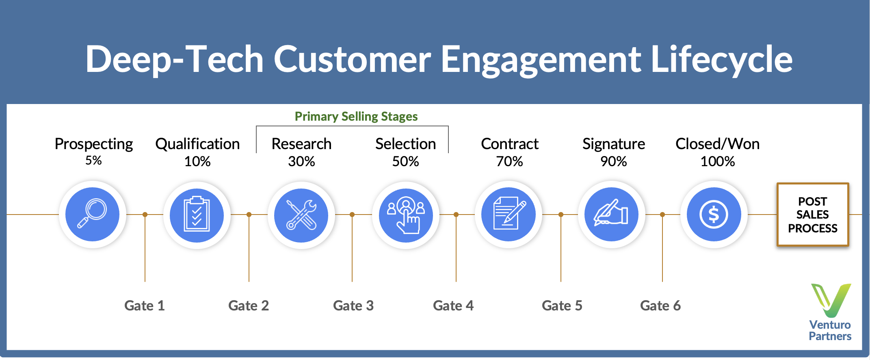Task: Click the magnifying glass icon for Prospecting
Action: point(92,214)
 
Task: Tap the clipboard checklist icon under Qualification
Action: point(197,215)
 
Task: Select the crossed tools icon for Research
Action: point(301,215)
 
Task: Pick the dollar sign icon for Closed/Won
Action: point(714,214)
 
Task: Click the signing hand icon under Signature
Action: point(611,214)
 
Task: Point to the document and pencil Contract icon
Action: point(509,214)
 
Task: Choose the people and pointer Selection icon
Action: point(406,215)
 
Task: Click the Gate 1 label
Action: point(144,306)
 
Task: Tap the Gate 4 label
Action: point(453,306)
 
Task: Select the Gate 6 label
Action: point(660,306)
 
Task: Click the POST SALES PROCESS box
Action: point(813,215)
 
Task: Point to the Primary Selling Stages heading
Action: point(356,117)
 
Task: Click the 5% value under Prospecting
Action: point(93,160)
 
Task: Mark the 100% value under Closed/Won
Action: point(717,161)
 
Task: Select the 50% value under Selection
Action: point(405,161)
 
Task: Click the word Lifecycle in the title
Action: point(721,59)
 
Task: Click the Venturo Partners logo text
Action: point(830,330)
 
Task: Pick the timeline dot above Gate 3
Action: point(352,215)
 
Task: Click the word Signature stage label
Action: point(613,144)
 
